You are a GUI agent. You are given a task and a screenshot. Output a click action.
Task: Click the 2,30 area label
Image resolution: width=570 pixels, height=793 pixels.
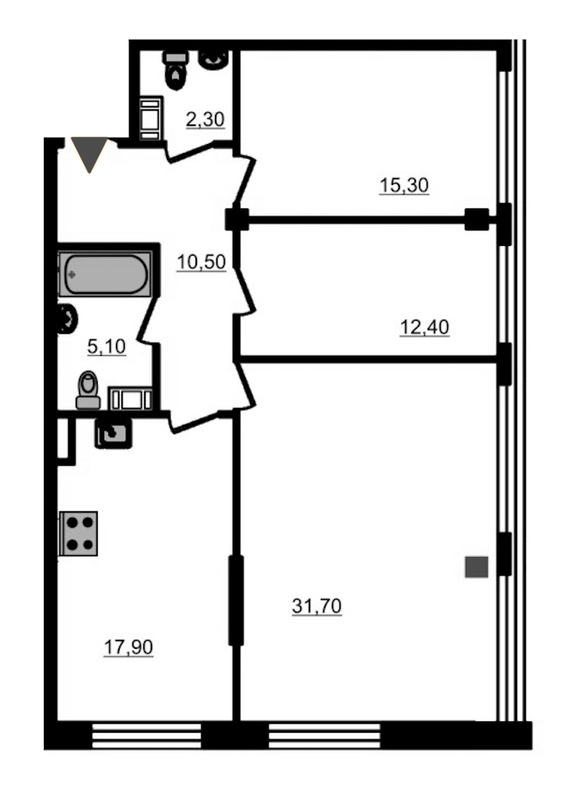[x=205, y=120]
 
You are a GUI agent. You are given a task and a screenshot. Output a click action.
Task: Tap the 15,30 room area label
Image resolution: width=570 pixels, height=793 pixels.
[x=404, y=186]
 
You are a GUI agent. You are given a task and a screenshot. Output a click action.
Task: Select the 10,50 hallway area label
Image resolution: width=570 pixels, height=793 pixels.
[x=201, y=262]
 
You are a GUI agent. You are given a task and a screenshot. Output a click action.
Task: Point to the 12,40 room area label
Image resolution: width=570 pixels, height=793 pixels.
[x=424, y=328]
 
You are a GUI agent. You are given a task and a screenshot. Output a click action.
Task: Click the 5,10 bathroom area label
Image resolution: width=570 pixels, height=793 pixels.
[x=106, y=347]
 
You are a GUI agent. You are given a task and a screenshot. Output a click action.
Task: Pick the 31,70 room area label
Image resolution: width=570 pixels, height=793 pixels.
[x=317, y=606]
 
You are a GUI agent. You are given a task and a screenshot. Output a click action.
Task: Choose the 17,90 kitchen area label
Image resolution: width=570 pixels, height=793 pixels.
[x=129, y=647]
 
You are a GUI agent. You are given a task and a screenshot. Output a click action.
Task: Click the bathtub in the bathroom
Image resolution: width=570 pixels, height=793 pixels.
[x=105, y=274]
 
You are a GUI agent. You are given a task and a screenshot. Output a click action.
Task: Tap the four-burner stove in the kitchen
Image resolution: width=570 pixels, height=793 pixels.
[x=78, y=533]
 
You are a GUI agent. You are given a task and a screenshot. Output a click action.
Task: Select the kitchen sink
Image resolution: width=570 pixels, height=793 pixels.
[x=113, y=433]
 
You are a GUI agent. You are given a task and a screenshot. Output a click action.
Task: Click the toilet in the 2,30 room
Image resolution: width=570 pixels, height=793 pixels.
[x=176, y=70]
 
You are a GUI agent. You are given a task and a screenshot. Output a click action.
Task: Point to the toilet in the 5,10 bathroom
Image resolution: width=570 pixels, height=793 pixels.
[x=88, y=390]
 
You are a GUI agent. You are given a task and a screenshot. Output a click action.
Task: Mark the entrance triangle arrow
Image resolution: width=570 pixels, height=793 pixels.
[x=90, y=154]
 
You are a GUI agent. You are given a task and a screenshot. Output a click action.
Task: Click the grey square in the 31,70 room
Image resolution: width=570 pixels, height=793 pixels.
[x=476, y=567]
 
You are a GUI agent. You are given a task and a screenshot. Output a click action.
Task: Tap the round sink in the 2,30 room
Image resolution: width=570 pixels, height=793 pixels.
[x=213, y=59]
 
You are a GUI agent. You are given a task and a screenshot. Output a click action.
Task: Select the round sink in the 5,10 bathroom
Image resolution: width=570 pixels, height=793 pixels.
[x=68, y=319]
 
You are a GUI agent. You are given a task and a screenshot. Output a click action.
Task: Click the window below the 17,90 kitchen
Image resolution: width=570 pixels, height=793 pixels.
[x=147, y=735]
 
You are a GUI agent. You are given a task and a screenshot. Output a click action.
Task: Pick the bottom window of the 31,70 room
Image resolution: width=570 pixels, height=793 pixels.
[x=324, y=735]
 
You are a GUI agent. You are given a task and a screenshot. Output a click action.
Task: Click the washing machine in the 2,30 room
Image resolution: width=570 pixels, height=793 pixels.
[x=151, y=118]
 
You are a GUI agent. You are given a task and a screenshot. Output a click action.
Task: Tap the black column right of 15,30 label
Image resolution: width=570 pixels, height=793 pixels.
[x=476, y=220]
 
